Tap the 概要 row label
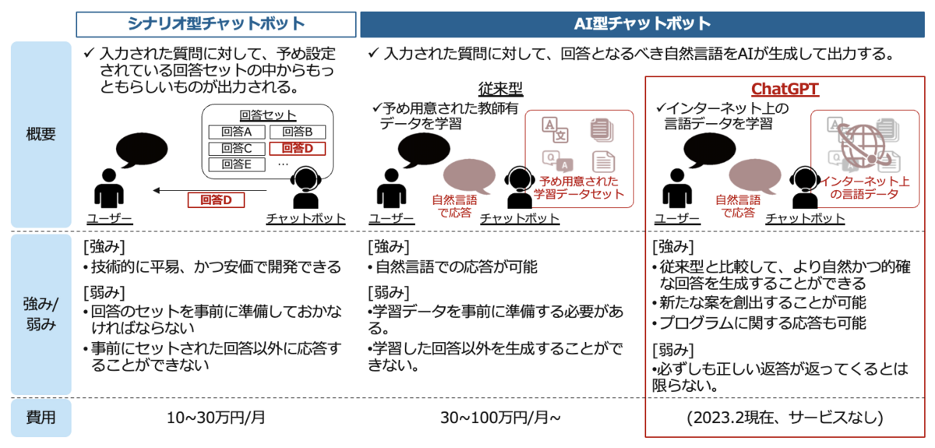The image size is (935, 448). (x=41, y=134)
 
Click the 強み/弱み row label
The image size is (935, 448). (x=41, y=314)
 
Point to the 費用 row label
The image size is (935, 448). (x=41, y=418)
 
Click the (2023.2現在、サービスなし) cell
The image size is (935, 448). (x=785, y=418)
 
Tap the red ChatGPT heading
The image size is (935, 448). (x=785, y=89)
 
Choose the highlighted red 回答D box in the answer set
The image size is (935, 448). (x=297, y=148)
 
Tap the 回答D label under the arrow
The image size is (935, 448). (x=216, y=200)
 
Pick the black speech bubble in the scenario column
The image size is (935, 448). (x=142, y=148)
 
